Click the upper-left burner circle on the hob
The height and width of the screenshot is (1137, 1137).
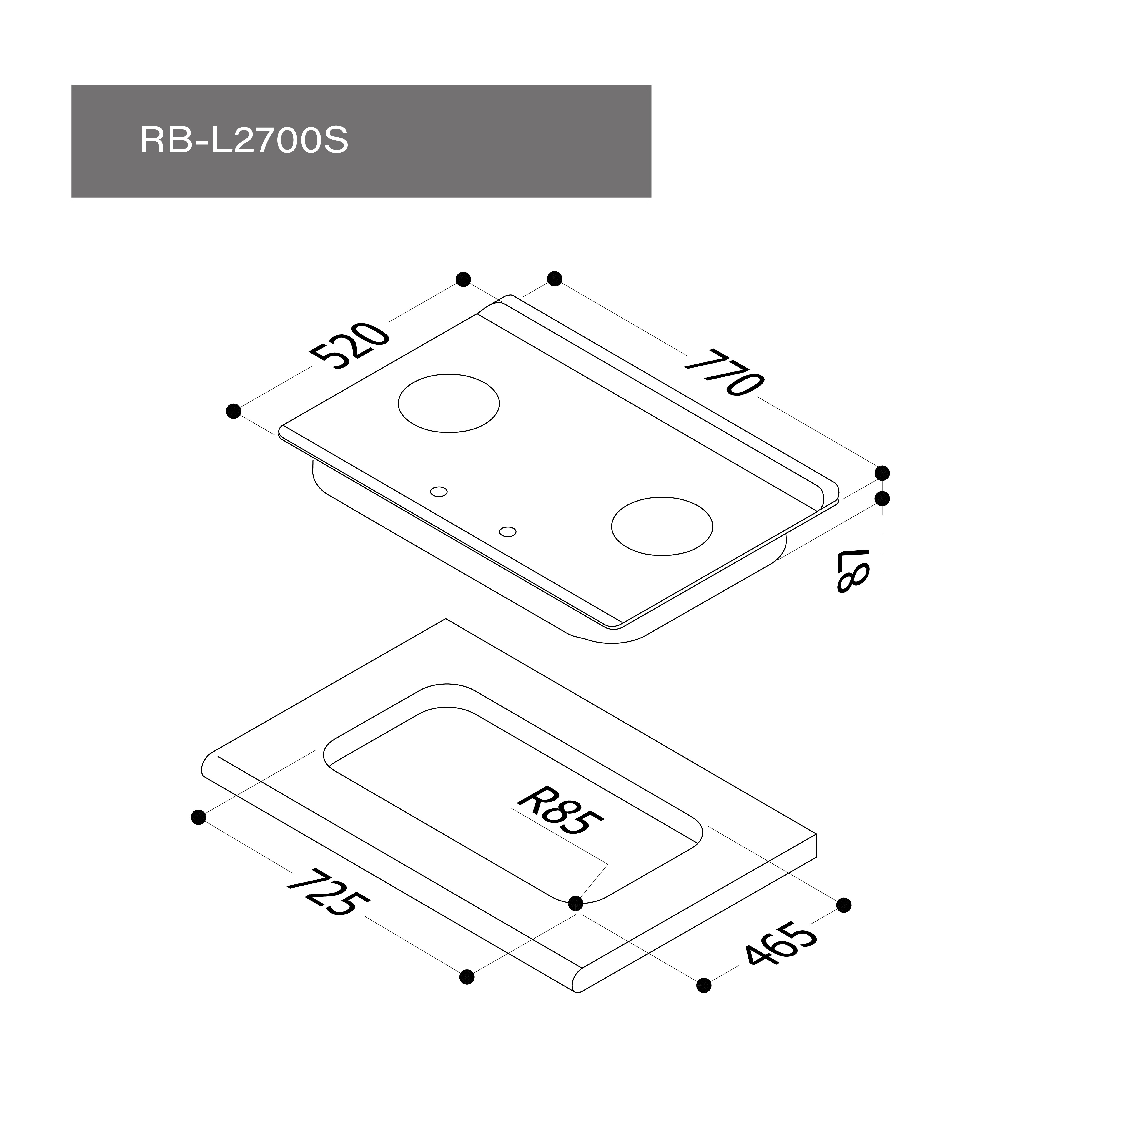tap(449, 403)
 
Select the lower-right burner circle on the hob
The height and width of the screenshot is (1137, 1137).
tap(662, 526)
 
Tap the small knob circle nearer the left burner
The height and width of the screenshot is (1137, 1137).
tap(439, 491)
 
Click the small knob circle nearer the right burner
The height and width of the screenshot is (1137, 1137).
tap(507, 531)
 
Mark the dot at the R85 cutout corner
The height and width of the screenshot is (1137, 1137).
tap(576, 903)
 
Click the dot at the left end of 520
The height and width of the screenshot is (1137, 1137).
tap(234, 411)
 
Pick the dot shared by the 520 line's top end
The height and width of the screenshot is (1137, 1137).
tap(463, 279)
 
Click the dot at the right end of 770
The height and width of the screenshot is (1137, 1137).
tap(882, 473)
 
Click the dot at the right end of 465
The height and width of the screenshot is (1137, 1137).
tap(843, 905)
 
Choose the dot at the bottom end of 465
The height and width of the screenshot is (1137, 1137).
tap(703, 985)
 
